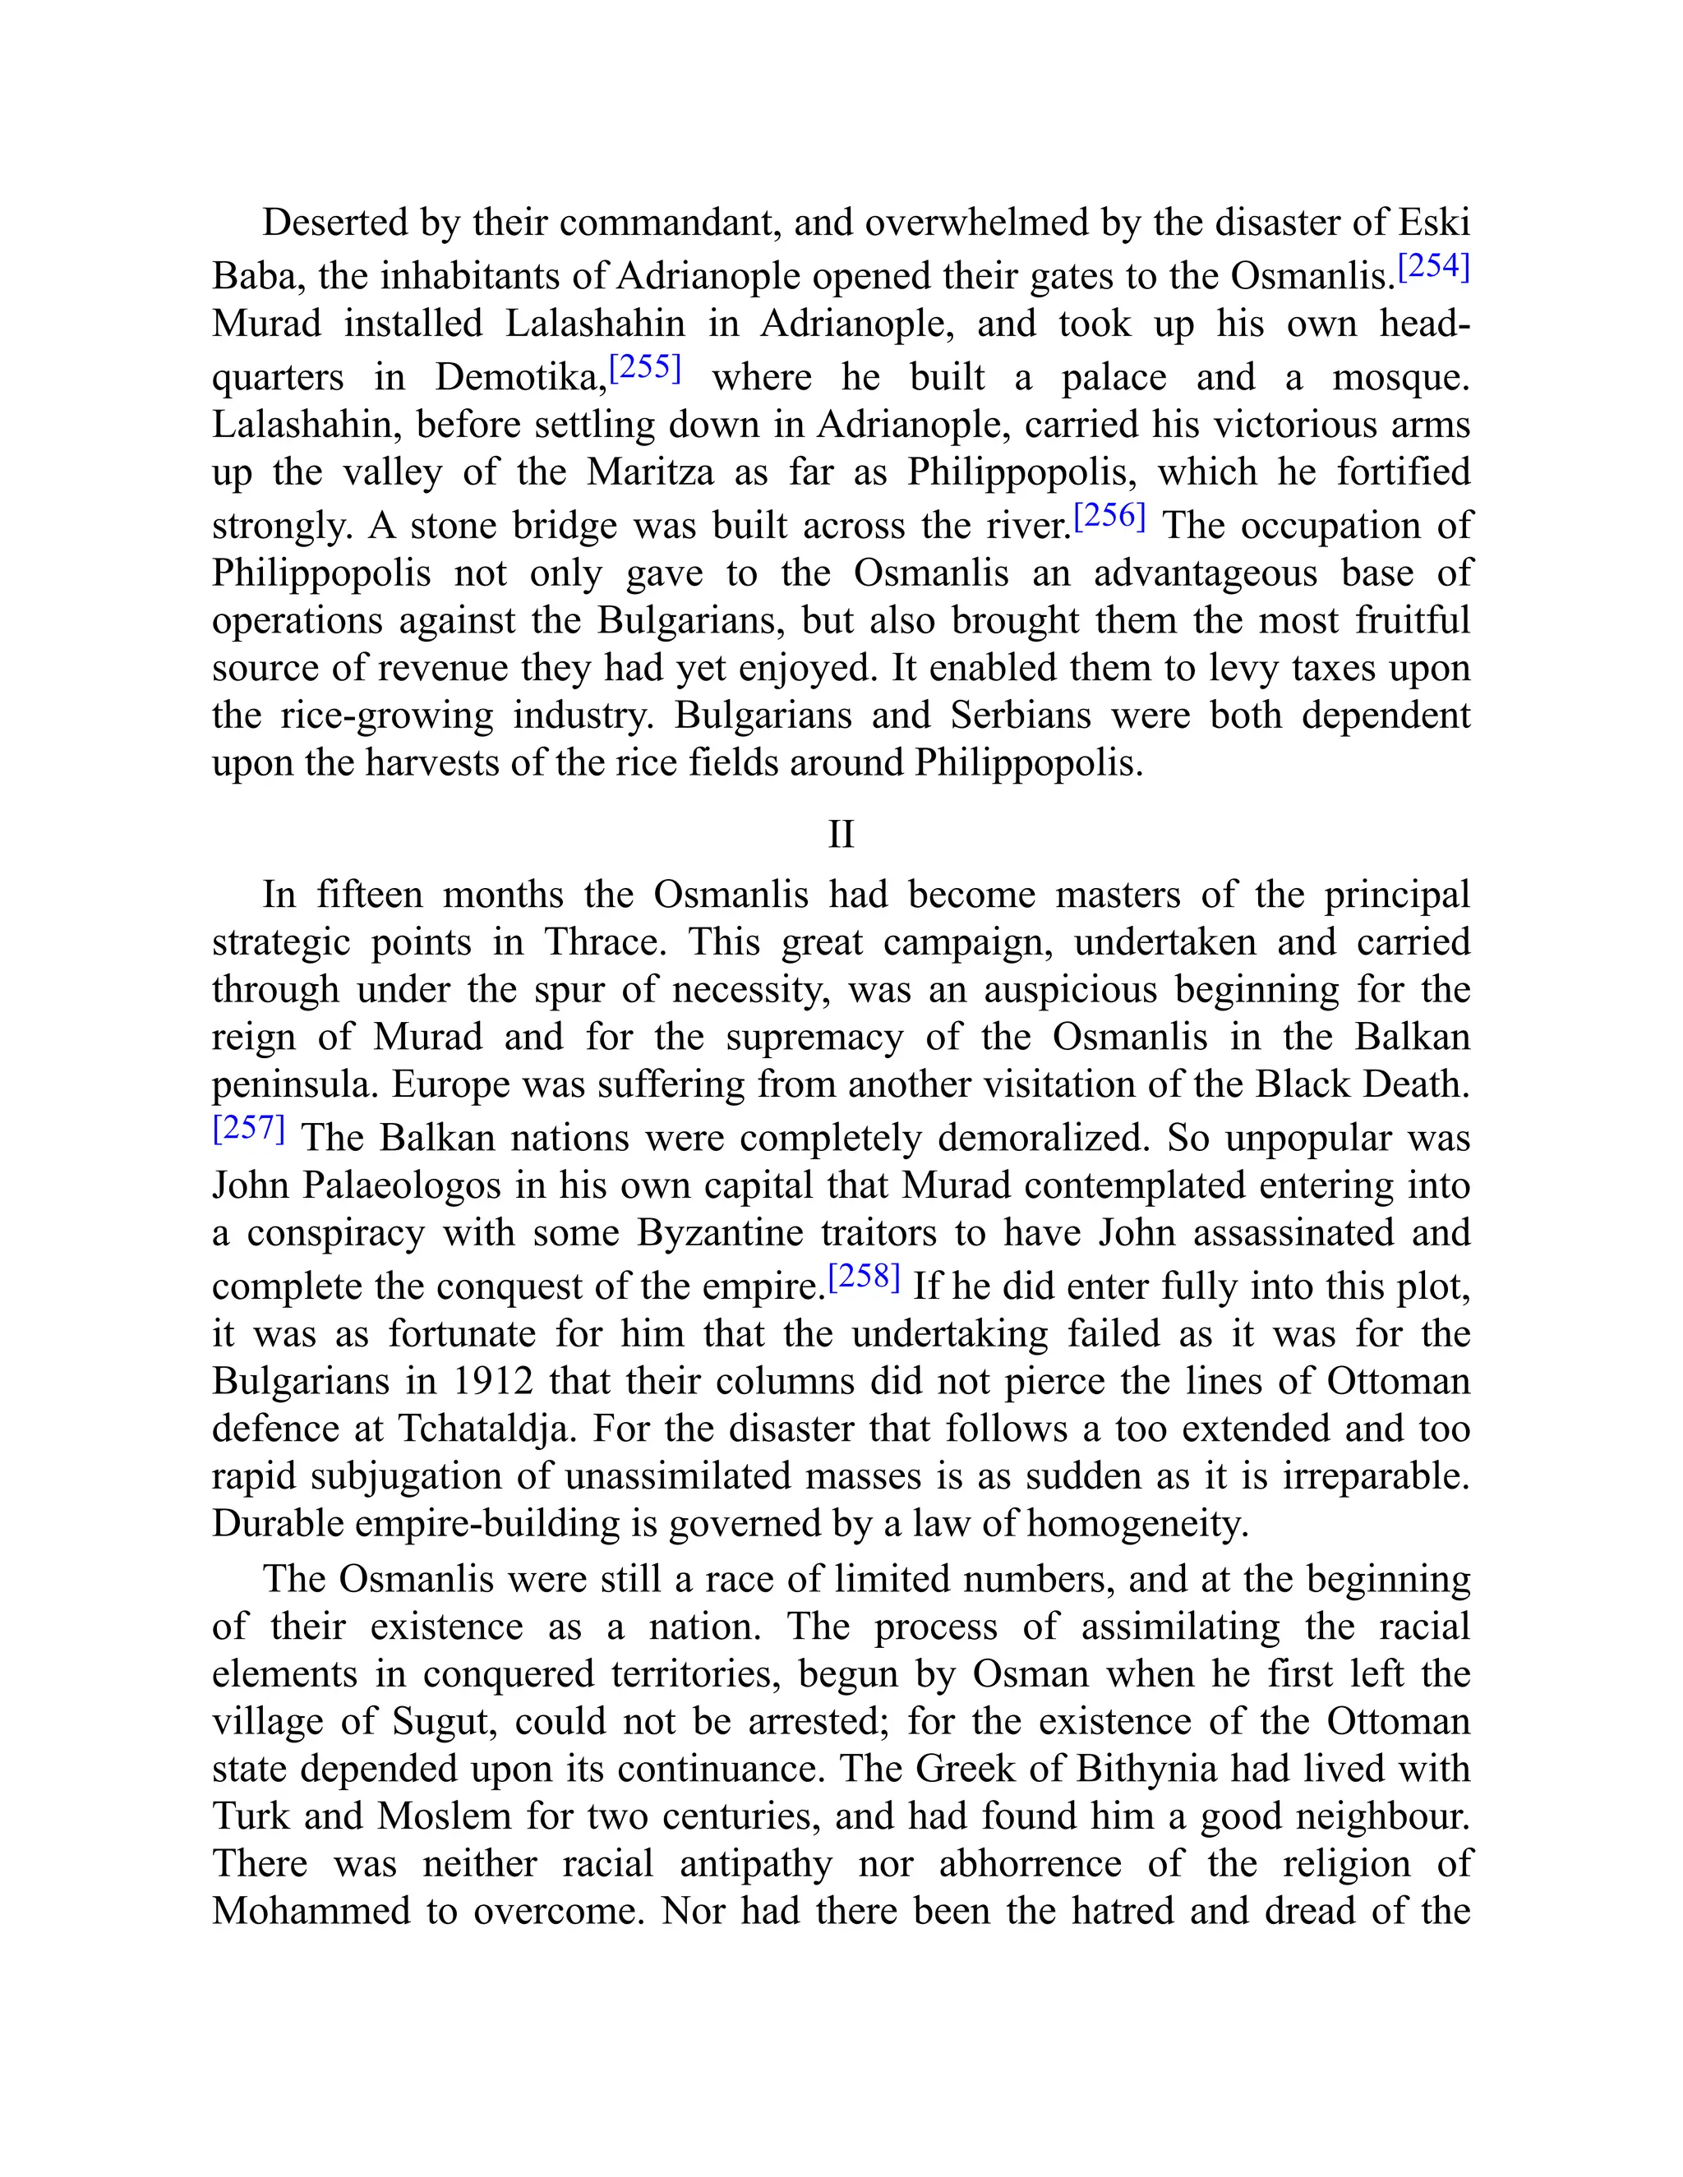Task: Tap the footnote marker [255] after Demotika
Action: click(x=644, y=368)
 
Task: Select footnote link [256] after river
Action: click(x=1109, y=517)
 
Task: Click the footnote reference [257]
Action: click(x=249, y=1129)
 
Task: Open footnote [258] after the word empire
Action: click(x=865, y=1277)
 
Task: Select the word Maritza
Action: click(x=650, y=472)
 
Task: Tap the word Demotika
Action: click(x=519, y=378)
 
